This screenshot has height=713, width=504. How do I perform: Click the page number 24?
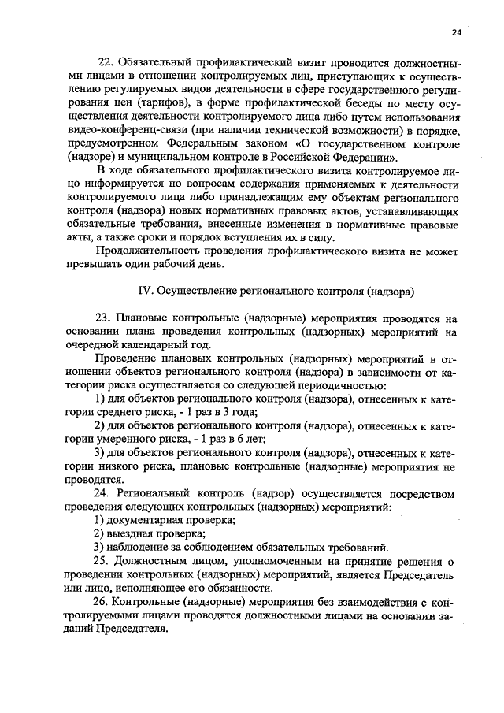pos(458,32)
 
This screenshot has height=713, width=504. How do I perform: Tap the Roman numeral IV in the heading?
pos(146,290)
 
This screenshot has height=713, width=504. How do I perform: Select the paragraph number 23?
pos(105,318)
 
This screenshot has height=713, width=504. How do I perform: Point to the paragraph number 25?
pos(105,561)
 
